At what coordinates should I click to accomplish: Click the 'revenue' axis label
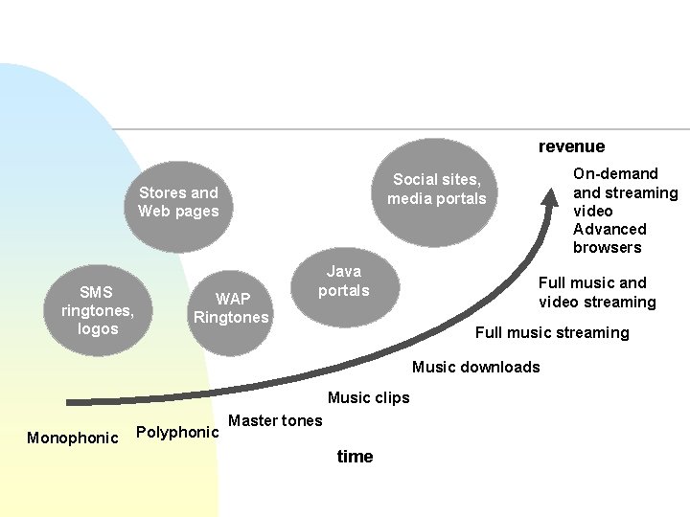pyautogui.click(x=571, y=146)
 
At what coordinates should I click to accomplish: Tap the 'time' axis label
pyautogui.click(x=355, y=457)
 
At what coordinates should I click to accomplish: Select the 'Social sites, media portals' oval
pyautogui.click(x=437, y=190)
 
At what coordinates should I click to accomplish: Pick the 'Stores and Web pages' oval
pyautogui.click(x=178, y=202)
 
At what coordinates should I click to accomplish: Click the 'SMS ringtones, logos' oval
pyautogui.click(x=97, y=310)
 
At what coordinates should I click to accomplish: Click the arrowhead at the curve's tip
pyautogui.click(x=551, y=196)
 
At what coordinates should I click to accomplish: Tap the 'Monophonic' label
pyautogui.click(x=73, y=438)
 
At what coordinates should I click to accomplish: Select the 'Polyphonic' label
pyautogui.click(x=178, y=432)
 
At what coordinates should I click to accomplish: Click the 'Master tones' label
pyautogui.click(x=275, y=420)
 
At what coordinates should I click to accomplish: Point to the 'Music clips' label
pyautogui.click(x=368, y=397)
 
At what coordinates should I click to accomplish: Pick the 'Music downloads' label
pyautogui.click(x=475, y=367)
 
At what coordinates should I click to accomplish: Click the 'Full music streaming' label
pyautogui.click(x=552, y=332)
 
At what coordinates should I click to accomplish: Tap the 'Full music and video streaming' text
pyautogui.click(x=596, y=292)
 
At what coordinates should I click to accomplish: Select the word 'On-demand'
pyautogui.click(x=615, y=173)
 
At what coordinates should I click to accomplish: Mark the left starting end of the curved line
pyautogui.click(x=69, y=402)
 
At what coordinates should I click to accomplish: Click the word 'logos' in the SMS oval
pyautogui.click(x=98, y=328)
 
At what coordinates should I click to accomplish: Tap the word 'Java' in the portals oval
pyautogui.click(x=344, y=272)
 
